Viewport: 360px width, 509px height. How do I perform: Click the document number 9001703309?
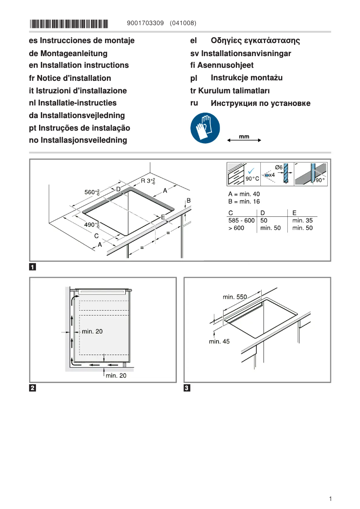coord(146,23)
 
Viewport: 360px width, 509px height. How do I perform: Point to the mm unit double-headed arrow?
coord(244,140)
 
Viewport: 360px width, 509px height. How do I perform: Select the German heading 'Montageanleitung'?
coord(68,53)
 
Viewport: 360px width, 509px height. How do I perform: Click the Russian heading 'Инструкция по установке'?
coord(260,104)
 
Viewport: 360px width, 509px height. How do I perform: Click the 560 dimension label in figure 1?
coord(92,192)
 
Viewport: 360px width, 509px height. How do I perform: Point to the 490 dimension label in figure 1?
coord(92,224)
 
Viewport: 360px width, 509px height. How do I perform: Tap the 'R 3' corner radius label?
coord(148,181)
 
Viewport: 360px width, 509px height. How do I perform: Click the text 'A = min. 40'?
coord(244,194)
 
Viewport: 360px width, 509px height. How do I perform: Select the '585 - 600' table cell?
coord(241,220)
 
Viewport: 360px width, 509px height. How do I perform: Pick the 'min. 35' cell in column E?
coord(302,220)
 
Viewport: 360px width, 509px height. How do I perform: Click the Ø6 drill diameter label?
coord(278,167)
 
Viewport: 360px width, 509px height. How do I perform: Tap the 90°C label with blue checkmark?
coord(252,179)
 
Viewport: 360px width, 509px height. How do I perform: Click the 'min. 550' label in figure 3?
coord(235,297)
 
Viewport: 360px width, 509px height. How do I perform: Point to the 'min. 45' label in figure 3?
coord(219,342)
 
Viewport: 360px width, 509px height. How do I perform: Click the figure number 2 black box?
coord(33,388)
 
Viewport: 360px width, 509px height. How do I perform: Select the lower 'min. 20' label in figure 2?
coord(116,376)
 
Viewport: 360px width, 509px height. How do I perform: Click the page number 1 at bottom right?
coord(330,499)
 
